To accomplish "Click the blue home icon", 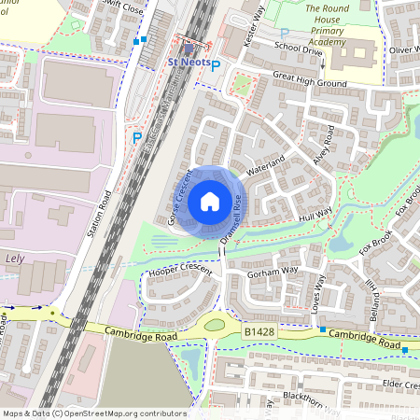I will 210,201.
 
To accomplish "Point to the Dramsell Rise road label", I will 231,217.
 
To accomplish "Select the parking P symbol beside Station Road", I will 137,137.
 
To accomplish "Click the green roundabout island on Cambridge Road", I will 216,325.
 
